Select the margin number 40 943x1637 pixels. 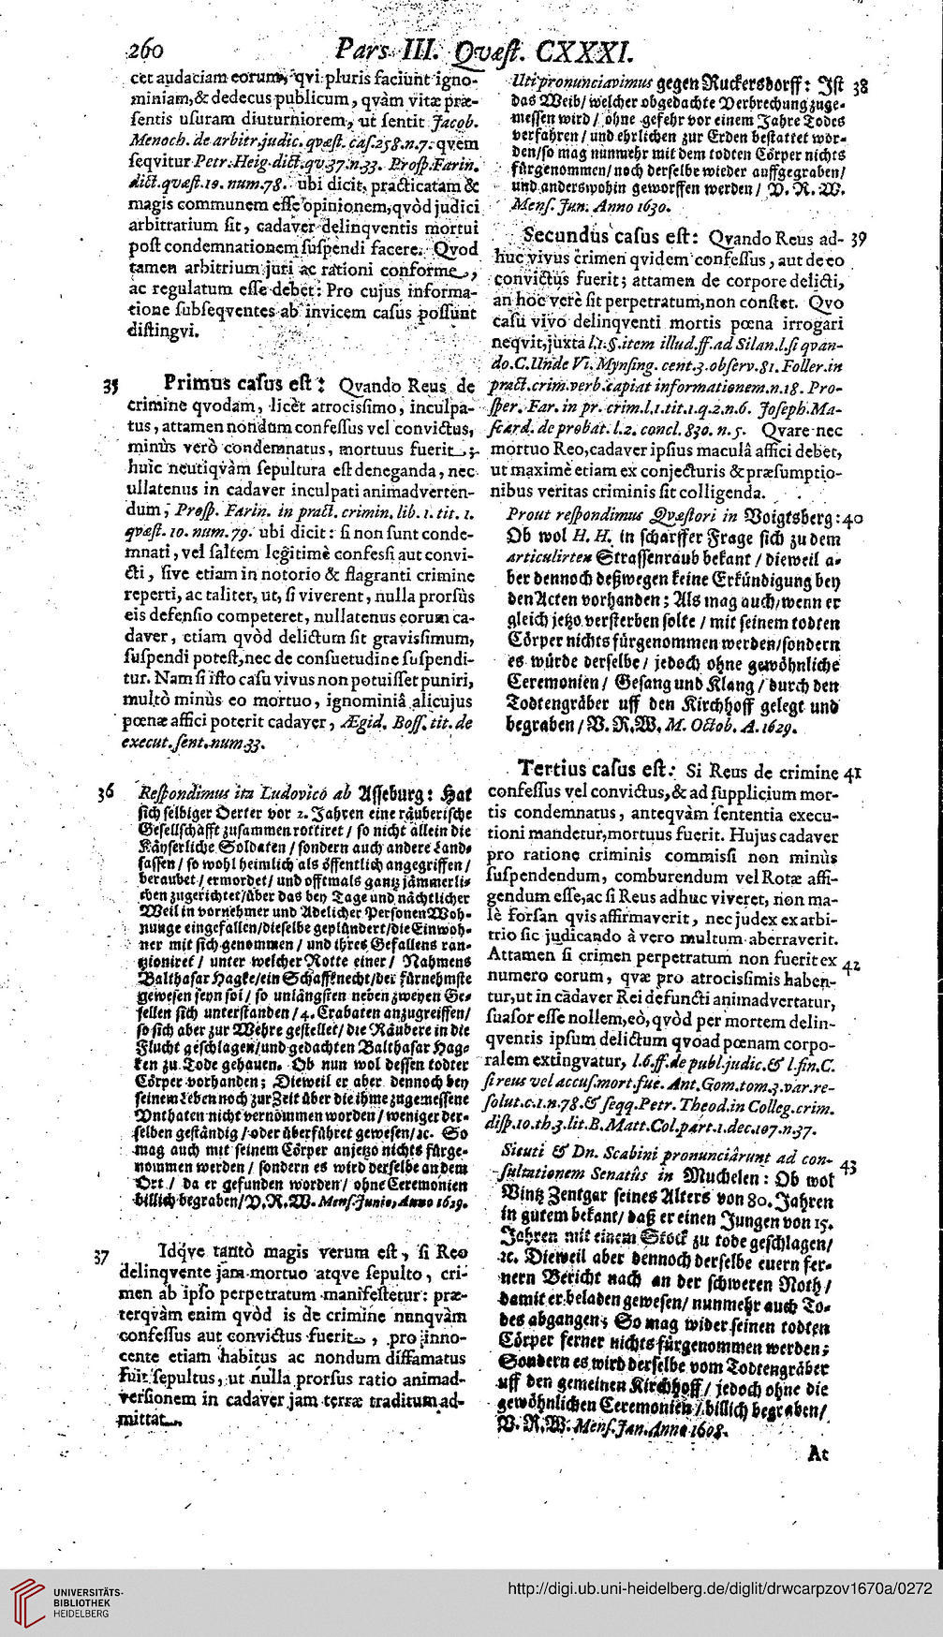[853, 517]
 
